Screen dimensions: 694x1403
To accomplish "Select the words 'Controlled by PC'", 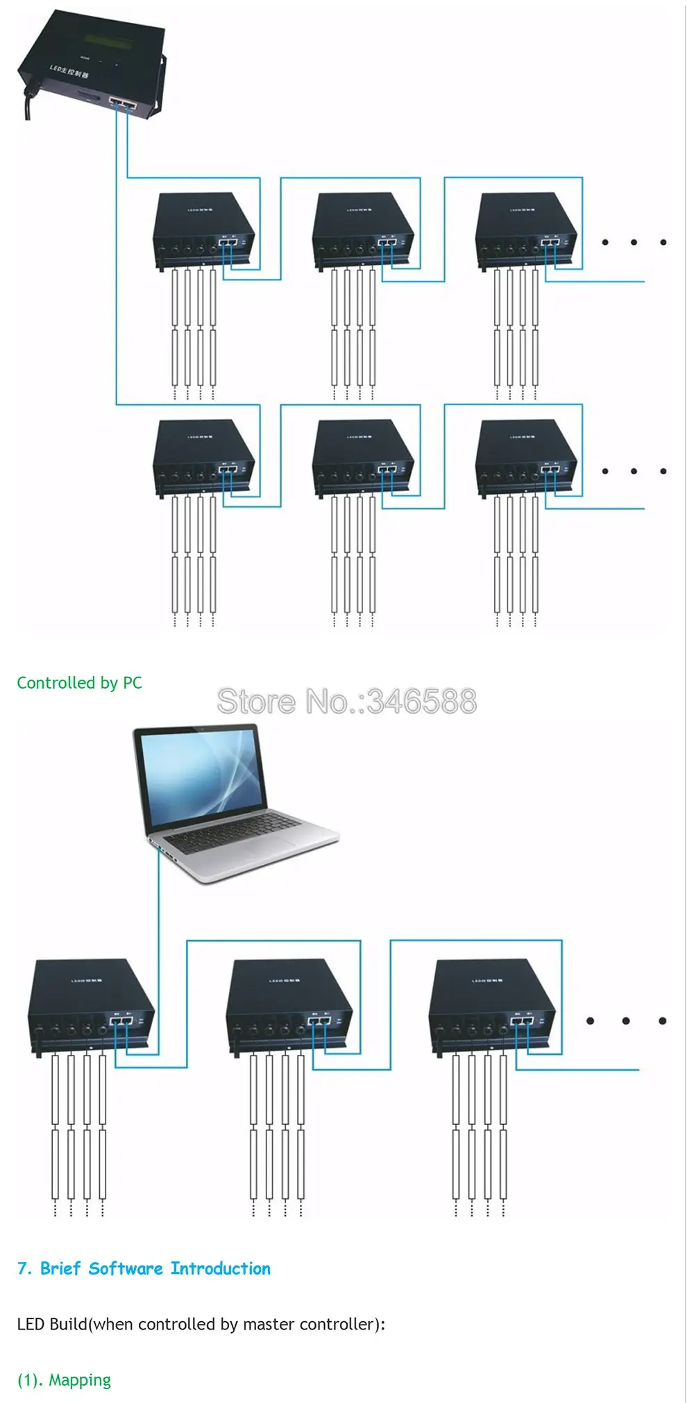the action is pyautogui.click(x=79, y=683).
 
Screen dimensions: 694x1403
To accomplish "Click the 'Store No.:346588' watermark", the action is pyautogui.click(x=346, y=701).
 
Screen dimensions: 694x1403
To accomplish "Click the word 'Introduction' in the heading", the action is pyautogui.click(x=221, y=1268).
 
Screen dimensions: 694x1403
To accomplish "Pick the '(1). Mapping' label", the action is pyautogui.click(x=64, y=1380).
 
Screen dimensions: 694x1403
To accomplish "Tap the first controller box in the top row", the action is pyautogui.click(x=203, y=229).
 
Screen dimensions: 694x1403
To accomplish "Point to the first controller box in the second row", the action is pyautogui.click(x=203, y=456).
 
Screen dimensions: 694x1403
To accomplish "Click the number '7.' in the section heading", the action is pyautogui.click(x=25, y=1268).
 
